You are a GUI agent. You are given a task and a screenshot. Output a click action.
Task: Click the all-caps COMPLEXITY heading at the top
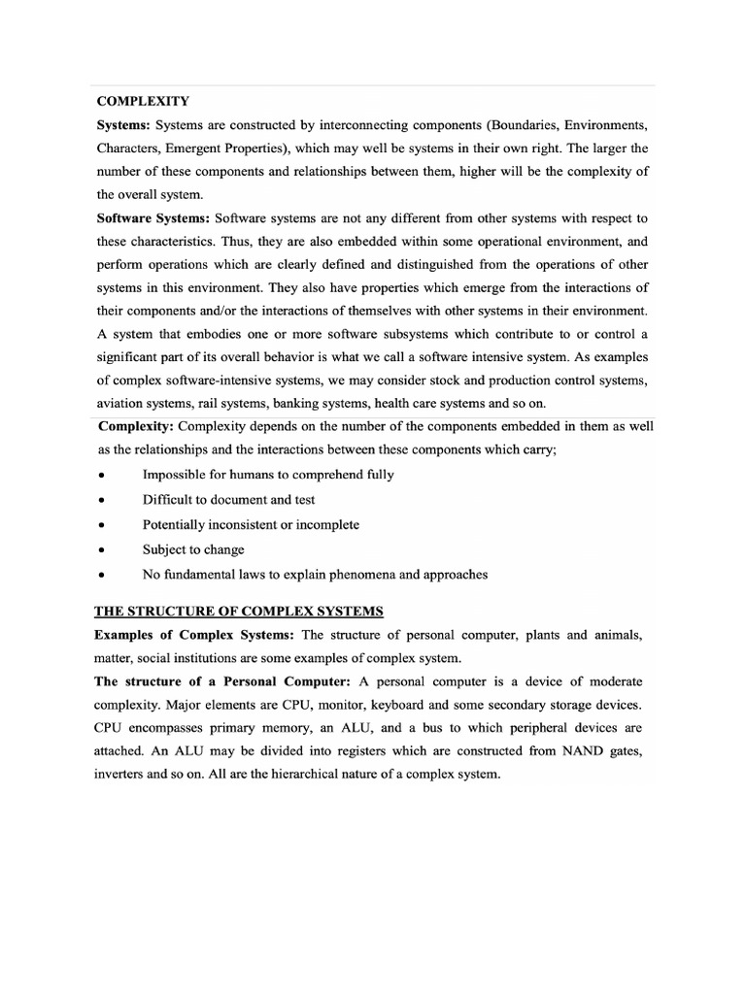142,101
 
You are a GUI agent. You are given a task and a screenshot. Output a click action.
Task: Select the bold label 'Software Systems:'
153,217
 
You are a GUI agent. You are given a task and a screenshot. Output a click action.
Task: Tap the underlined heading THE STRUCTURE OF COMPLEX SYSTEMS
239,611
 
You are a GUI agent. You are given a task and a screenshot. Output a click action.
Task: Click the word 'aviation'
121,404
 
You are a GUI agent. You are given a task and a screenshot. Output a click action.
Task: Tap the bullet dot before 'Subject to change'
101,549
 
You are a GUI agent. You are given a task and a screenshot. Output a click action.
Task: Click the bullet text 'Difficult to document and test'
228,499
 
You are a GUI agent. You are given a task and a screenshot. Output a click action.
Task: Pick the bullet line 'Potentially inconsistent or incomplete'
251,524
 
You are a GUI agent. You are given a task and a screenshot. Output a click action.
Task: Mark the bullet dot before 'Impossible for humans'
101,475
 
